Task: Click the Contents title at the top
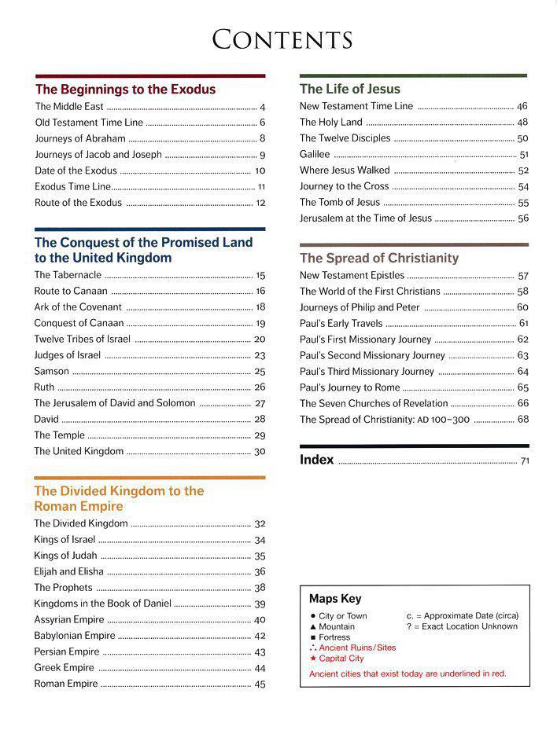pos(282,39)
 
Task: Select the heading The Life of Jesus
pos(349,90)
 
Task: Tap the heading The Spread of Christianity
pos(378,258)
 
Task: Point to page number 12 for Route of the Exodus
pos(260,203)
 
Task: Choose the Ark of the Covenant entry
pos(78,307)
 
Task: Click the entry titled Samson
pos(51,371)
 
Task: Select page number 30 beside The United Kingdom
pos(260,452)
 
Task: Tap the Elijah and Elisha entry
pos(68,571)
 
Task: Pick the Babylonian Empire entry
pos(75,636)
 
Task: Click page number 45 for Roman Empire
pos(260,684)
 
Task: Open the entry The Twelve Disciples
pos(345,138)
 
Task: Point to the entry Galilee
pos(315,154)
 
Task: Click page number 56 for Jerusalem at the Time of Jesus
pos(523,218)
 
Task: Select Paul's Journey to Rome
pos(349,387)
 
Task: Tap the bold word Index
pos(317,460)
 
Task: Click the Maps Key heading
pos(335,599)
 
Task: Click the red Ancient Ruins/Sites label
pos(357,648)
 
